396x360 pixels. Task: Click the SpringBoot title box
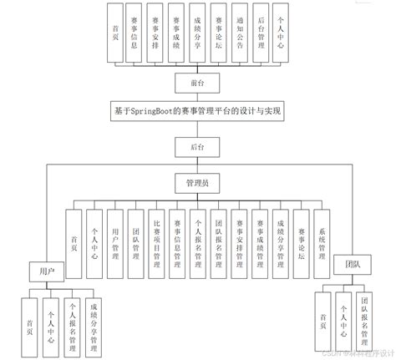click(197, 109)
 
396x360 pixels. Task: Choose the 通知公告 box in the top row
click(239, 33)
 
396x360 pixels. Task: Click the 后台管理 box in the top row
click(260, 33)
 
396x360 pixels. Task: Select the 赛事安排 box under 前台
click(155, 33)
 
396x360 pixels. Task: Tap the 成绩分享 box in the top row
click(197, 33)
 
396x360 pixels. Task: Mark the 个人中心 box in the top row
click(281, 33)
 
